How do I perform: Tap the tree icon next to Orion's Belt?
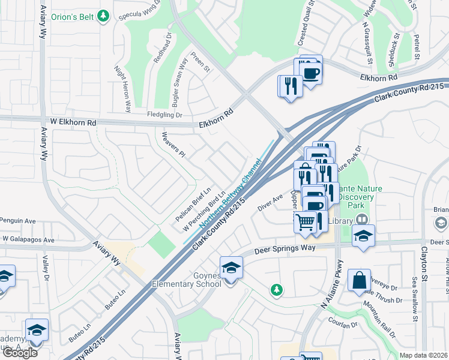[104, 15]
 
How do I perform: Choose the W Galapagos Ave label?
[28, 239]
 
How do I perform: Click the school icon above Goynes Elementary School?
[231, 268]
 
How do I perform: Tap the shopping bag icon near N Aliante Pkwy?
[359, 280]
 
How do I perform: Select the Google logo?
[20, 353]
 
